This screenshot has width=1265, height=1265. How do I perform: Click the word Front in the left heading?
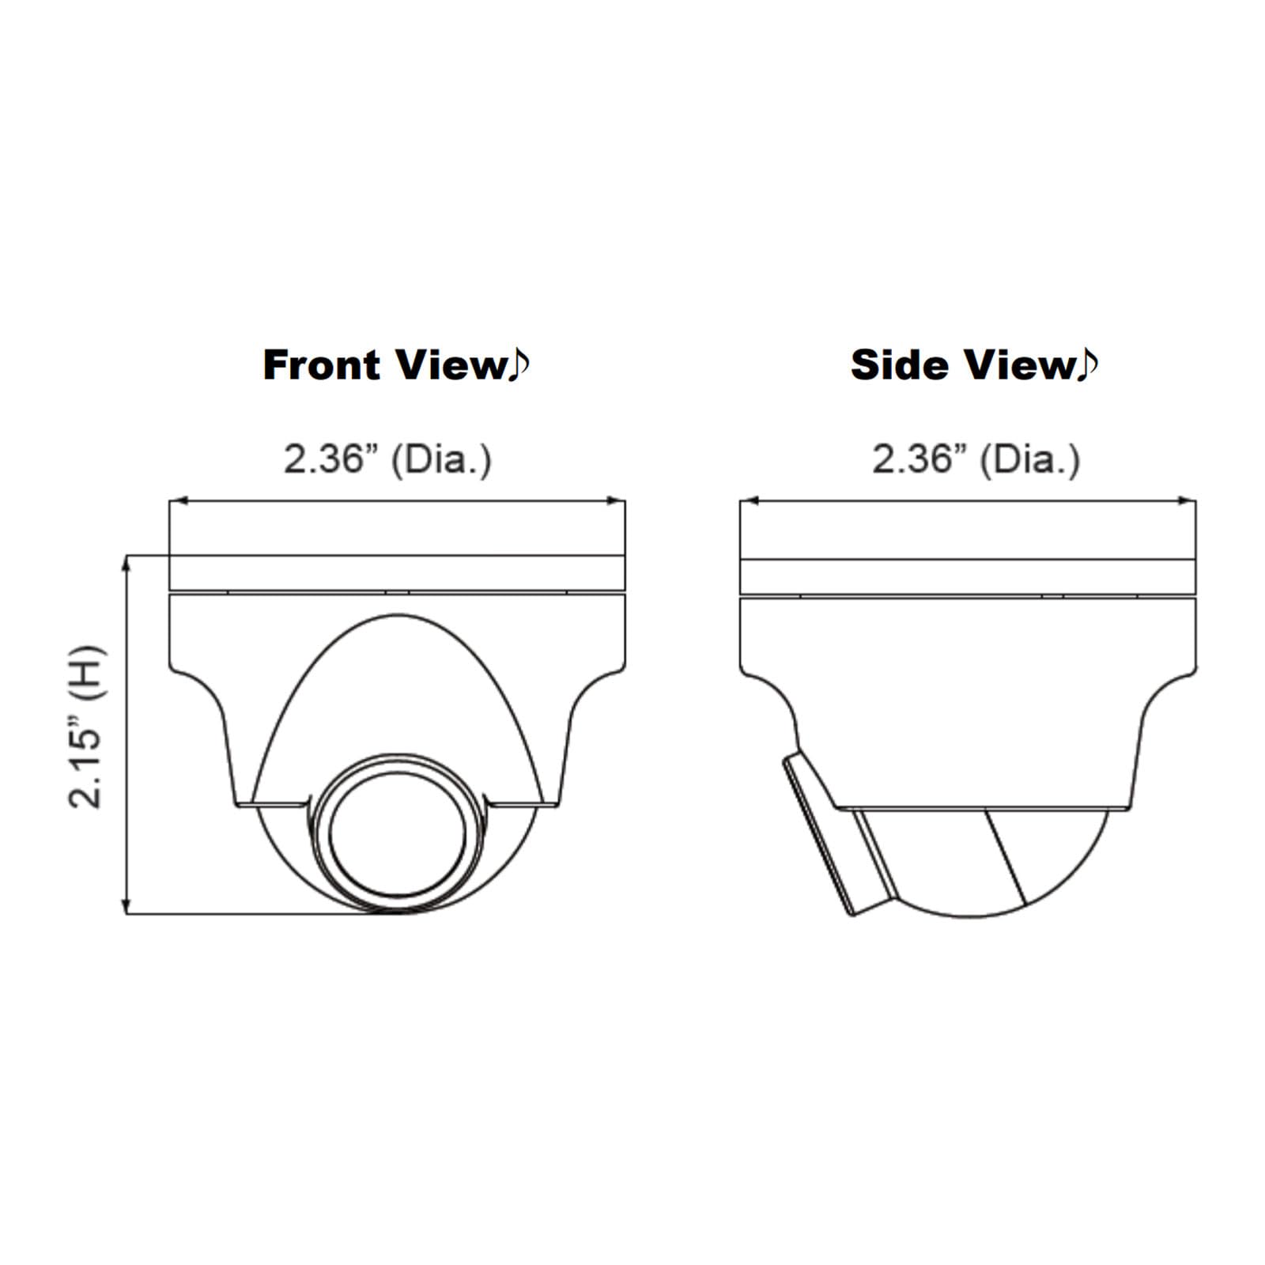point(322,365)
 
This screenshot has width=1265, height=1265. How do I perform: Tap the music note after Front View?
point(518,364)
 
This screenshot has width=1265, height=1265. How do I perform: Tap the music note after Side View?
point(1087,364)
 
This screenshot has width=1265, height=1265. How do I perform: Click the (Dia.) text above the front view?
point(441,459)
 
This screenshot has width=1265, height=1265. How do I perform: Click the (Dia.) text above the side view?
point(1029,459)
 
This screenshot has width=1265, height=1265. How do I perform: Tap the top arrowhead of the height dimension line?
point(126,563)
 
